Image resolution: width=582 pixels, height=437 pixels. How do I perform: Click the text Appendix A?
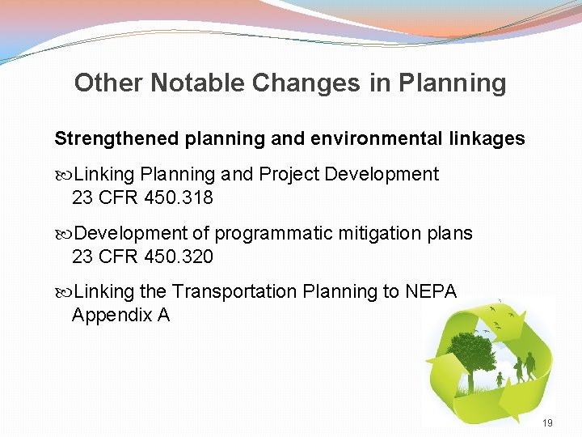(120, 315)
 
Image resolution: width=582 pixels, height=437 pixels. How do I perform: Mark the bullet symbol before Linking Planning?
(64, 175)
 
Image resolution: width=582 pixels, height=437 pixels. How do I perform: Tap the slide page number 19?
(547, 423)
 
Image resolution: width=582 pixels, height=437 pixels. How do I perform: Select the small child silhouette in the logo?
(500, 378)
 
